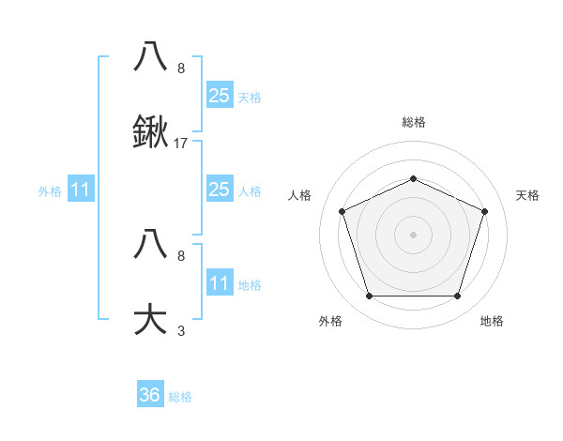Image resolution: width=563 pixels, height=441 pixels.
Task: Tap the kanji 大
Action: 151,317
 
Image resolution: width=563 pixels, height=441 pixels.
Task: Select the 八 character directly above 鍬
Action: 151,56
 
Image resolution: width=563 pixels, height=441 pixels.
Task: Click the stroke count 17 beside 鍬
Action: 181,144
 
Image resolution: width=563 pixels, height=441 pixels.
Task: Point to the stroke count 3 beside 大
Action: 181,330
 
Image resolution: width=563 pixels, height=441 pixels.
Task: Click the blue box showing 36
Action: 150,395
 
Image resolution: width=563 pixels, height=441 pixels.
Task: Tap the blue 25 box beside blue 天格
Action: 219,95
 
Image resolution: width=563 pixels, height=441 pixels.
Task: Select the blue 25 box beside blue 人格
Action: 219,190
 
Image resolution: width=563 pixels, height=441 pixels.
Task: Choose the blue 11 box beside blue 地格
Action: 219,283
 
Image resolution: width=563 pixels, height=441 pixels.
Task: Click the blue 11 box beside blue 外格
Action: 81,190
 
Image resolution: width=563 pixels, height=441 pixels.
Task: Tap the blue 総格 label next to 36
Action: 180,397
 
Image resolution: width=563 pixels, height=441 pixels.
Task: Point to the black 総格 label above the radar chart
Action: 413,122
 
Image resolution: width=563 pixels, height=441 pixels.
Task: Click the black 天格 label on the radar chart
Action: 527,195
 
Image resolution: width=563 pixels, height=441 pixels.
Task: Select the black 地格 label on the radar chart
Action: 492,322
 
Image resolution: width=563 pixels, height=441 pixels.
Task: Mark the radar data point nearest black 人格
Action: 342,211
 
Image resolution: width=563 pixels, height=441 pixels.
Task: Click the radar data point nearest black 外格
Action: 369,297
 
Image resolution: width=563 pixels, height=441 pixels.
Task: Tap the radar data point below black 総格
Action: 413,178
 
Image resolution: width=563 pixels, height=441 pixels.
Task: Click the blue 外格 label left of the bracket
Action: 50,191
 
